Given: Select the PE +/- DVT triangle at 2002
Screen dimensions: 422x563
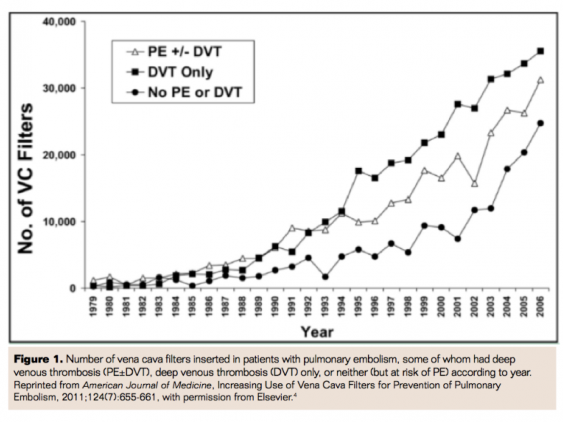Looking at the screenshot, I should [x=474, y=184].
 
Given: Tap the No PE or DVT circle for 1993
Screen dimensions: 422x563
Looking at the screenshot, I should [x=325, y=277].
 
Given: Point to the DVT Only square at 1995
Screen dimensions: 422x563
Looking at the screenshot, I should [x=358, y=171].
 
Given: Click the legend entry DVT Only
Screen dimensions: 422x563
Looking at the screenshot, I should [x=180, y=72].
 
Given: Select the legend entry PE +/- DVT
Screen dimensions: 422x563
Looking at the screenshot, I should [x=185, y=52].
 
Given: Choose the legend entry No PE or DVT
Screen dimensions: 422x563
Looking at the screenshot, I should [x=195, y=92].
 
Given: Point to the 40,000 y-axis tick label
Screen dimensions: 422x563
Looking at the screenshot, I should [x=60, y=22].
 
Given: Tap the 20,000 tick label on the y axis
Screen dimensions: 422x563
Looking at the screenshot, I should [x=60, y=155].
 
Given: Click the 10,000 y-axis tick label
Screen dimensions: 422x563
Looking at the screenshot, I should [x=60, y=222].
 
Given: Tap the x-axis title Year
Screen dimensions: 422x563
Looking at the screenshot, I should [x=317, y=332].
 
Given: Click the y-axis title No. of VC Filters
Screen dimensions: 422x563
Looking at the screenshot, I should [x=26, y=178].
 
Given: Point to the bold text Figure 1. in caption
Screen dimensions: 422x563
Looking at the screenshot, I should [x=38, y=359].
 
